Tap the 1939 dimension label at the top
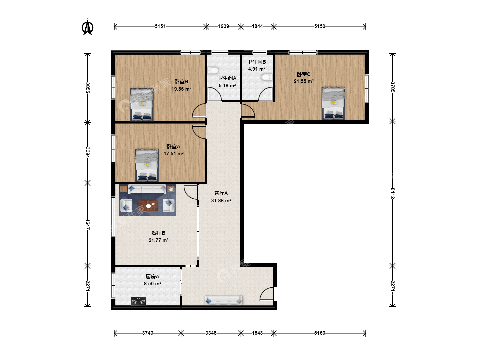pos(223,26)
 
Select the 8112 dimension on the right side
pos(393,193)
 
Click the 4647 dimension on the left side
pos(88,224)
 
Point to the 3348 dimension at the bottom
pos(211,333)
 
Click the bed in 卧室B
pos(141,104)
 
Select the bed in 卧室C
pos(333,103)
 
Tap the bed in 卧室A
pos(147,165)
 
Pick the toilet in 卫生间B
pos(267,77)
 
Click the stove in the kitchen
pos(138,301)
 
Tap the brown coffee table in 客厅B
pos(148,205)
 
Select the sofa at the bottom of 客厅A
pos(223,300)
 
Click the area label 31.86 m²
pos(221,200)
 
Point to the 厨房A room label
pos(152,277)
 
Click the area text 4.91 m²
pos(257,69)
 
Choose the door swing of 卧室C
pos(248,111)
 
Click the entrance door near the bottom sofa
pos(266,294)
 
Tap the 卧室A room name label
pos(173,147)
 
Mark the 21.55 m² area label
pos(304,81)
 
